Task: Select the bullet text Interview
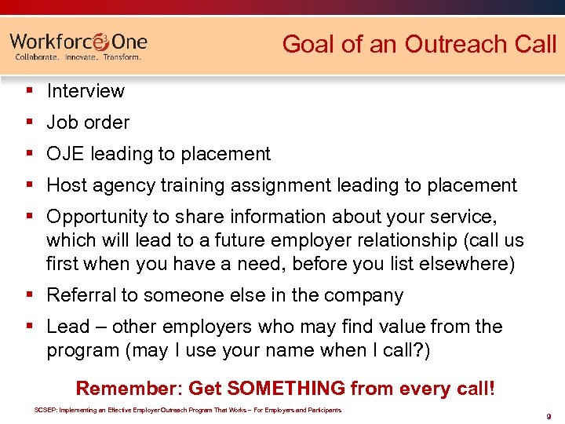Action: click(x=86, y=91)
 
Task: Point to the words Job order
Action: click(x=88, y=122)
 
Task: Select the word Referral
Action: click(x=78, y=295)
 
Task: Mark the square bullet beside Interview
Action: click(x=29, y=91)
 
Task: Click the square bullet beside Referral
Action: click(x=29, y=295)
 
